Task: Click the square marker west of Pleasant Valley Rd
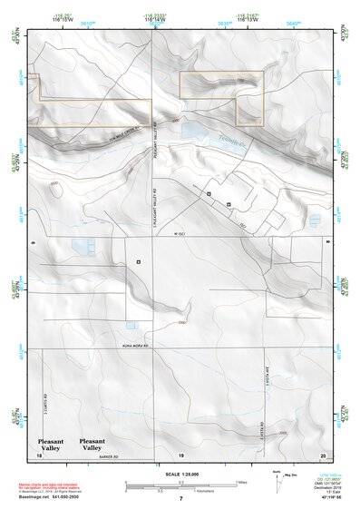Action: coord(138,261)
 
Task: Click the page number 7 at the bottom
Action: coord(180,500)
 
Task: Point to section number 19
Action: coord(180,454)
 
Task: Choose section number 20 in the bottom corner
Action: coord(323,454)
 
